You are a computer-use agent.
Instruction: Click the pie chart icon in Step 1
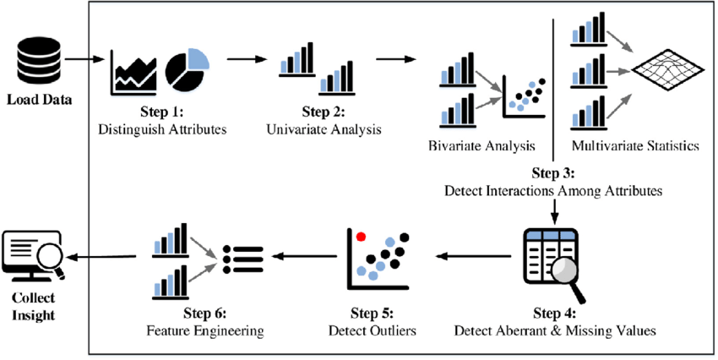coord(187,70)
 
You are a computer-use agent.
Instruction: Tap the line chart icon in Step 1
coord(134,74)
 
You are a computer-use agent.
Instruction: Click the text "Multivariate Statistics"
coord(635,145)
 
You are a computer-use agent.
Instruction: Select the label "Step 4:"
coord(554,310)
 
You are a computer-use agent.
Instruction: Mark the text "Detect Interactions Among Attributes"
coord(553,191)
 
